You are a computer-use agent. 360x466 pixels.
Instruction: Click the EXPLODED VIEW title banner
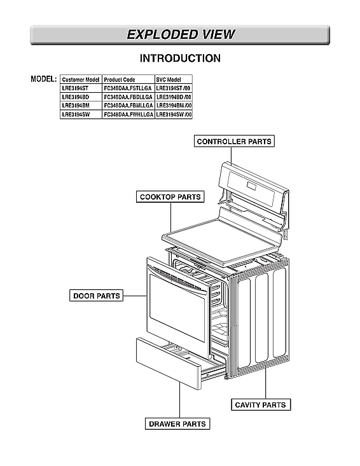tap(180, 35)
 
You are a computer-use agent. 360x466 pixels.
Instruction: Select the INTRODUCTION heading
tap(180, 58)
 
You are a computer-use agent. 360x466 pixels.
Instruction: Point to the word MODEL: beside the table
tap(44, 79)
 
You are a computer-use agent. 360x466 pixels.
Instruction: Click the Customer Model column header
tap(81, 80)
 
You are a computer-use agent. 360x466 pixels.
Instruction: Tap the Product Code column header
tap(120, 80)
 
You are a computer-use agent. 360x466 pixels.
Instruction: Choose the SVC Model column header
tap(169, 80)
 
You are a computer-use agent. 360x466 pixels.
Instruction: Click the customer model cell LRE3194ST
tap(76, 88)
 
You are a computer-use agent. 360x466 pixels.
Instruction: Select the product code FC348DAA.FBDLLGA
tap(128, 97)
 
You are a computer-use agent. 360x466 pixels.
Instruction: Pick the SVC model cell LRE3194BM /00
tap(174, 106)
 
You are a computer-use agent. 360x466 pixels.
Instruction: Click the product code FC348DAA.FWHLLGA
tap(128, 114)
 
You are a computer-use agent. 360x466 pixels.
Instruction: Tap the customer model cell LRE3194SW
tap(76, 114)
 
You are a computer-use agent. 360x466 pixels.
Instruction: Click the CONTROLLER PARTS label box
tap(234, 141)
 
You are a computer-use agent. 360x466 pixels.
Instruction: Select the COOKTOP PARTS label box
tap(170, 196)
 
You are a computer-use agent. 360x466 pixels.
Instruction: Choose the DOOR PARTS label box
tap(96, 296)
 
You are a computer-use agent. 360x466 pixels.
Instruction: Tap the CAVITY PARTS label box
tap(260, 404)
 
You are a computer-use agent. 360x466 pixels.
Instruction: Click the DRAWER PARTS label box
tap(178, 423)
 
